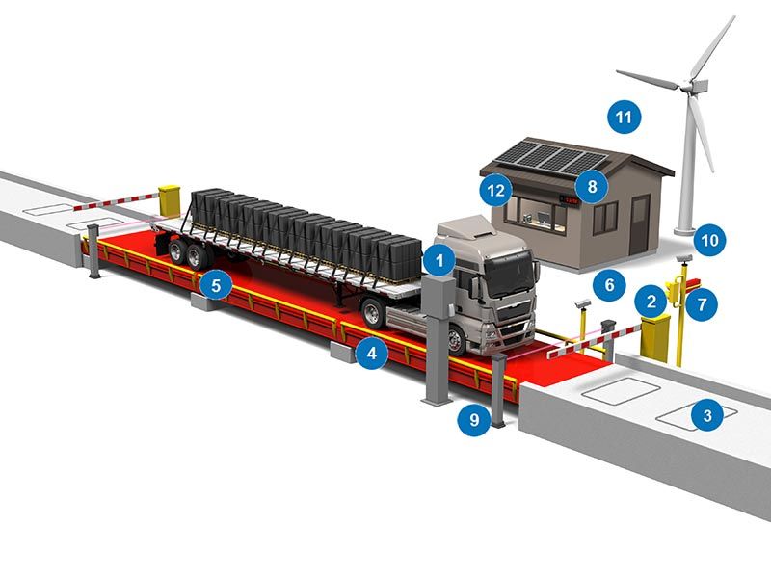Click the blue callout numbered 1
pos(439,259)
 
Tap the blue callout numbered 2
pos(651,302)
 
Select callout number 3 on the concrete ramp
pos(707,416)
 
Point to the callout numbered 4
pos(371,355)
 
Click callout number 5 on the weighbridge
pos(217,285)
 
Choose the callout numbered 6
pos(608,284)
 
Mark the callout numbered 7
pos(703,304)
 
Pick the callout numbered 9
pos(473,419)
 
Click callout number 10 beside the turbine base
pos(710,239)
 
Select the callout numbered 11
pos(625,118)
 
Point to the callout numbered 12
pos(495,190)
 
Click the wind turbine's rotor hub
pos(690,86)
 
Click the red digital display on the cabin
pos(571,201)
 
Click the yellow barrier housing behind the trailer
pos(171,199)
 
